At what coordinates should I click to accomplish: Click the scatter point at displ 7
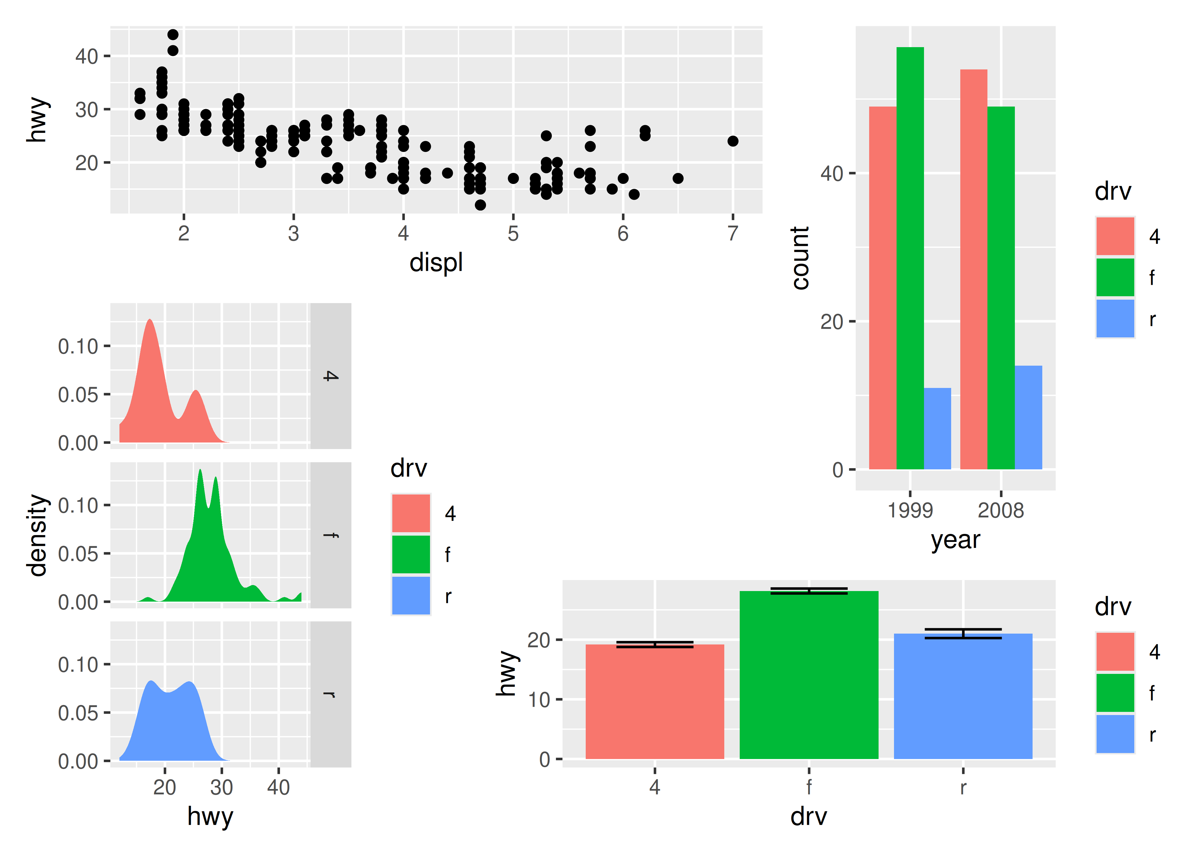click(x=733, y=141)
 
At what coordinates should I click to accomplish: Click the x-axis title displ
click(x=436, y=262)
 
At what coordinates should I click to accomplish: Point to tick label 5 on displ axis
click(x=513, y=233)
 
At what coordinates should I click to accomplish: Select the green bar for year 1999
click(x=910, y=259)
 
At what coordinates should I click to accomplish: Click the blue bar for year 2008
click(x=1028, y=417)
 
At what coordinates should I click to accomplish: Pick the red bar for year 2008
click(x=974, y=269)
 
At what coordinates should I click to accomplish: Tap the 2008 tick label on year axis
click(x=1001, y=510)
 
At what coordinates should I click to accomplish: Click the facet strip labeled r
click(x=330, y=694)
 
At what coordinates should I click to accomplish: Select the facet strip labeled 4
click(x=330, y=376)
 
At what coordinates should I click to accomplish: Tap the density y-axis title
click(x=38, y=534)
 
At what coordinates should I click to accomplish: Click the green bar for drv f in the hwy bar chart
click(x=809, y=676)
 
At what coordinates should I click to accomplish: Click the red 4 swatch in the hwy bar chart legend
click(x=1115, y=652)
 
